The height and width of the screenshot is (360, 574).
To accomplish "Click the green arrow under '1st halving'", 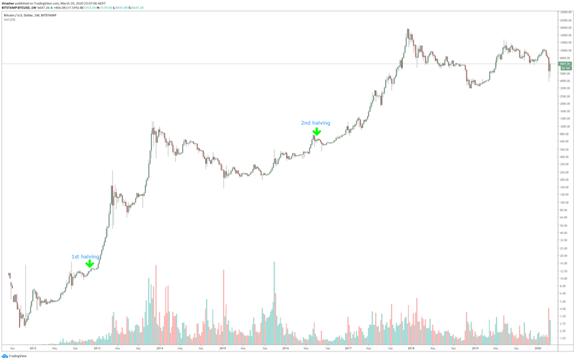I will pyautogui.click(x=89, y=264).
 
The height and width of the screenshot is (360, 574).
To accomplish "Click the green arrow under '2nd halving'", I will pyautogui.click(x=317, y=132).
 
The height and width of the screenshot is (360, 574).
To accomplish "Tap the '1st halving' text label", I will pyautogui.click(x=86, y=257).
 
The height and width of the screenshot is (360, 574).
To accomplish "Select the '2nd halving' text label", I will pyautogui.click(x=316, y=123).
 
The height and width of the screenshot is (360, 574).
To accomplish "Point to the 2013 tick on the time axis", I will pyautogui.click(x=97, y=348).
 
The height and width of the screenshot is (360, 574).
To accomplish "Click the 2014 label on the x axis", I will pyautogui.click(x=160, y=348).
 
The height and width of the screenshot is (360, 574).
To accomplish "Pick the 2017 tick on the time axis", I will pyautogui.click(x=349, y=348).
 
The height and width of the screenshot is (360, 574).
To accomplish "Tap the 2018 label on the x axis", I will pyautogui.click(x=412, y=348).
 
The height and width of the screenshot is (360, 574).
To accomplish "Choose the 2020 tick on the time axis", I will pyautogui.click(x=538, y=348).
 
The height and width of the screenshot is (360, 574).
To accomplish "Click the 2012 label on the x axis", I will pyautogui.click(x=33, y=348).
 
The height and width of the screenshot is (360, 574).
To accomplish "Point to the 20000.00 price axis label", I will pyautogui.click(x=565, y=28).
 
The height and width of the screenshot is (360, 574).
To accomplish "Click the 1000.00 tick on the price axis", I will pyautogui.click(x=565, y=127).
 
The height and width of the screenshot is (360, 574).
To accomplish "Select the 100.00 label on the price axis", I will pyautogui.click(x=565, y=202).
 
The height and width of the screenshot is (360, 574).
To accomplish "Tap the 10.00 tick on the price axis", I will pyautogui.click(x=565, y=278).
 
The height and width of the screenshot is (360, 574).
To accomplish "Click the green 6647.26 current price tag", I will pyautogui.click(x=565, y=64).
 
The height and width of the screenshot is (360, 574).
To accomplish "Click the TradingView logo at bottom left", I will pyautogui.click(x=14, y=356).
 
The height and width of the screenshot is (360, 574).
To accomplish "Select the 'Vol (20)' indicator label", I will pyautogui.click(x=10, y=19).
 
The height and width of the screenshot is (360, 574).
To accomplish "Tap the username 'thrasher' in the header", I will pyautogui.click(x=8, y=3).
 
